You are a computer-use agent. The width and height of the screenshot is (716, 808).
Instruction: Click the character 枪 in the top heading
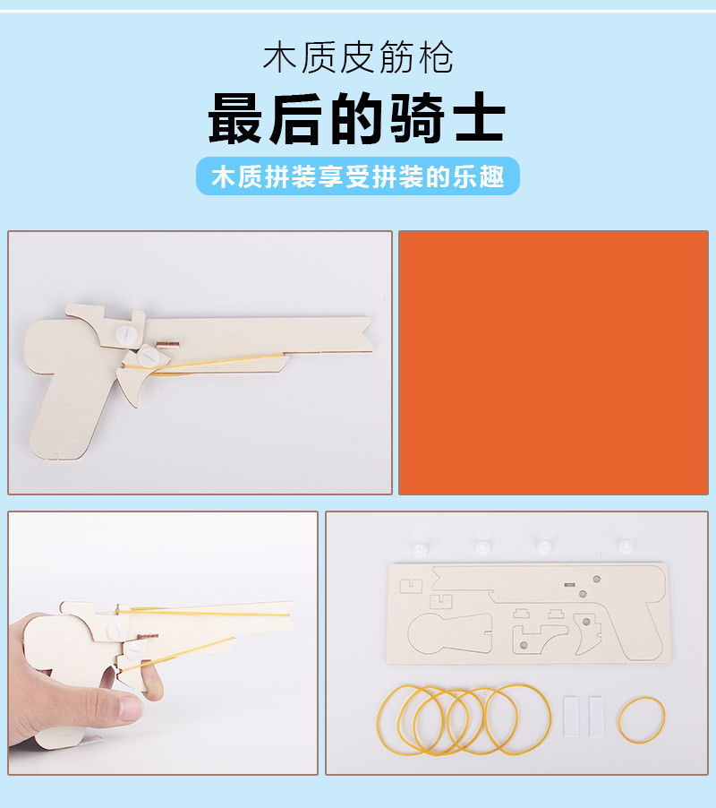435,58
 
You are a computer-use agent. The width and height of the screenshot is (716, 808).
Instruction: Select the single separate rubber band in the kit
642,718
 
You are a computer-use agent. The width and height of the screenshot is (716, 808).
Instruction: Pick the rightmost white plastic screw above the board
626,547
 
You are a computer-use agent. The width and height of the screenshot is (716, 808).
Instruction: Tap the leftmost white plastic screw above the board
421,547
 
